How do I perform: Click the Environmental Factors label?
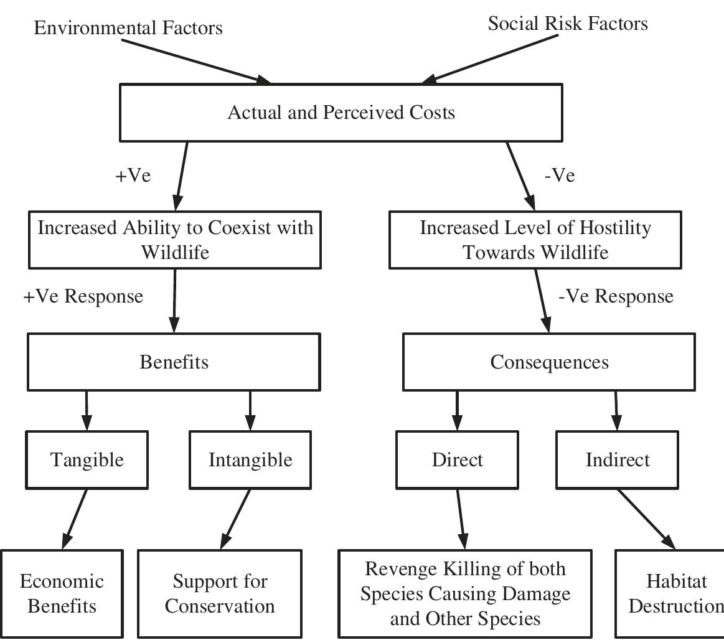[128, 28]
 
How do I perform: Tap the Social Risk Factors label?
[567, 24]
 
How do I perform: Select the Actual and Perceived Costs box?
[341, 113]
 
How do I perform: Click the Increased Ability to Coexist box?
[175, 240]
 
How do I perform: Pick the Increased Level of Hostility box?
[535, 240]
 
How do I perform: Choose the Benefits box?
[174, 362]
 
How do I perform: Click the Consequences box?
[548, 362]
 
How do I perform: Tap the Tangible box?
[87, 459]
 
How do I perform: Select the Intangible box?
[250, 459]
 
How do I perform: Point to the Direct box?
[457, 459]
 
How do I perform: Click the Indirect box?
[617, 459]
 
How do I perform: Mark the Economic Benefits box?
[62, 593]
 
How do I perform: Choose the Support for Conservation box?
[220, 593]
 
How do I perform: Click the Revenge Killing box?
[465, 593]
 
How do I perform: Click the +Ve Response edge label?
[83, 296]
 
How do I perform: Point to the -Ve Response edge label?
[615, 296]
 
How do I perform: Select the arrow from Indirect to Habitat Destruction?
[646, 519]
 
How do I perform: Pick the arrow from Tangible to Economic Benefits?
[75, 519]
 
